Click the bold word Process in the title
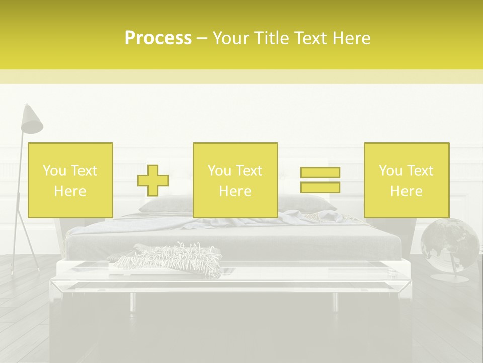[158, 38]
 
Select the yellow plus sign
[153, 180]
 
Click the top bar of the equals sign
[320, 172]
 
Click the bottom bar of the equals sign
[320, 187]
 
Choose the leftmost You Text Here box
[70, 180]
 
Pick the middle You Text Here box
[235, 180]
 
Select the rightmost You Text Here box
[406, 180]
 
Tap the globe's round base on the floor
[449, 277]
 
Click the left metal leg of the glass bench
[132, 301]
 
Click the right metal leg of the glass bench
[335, 301]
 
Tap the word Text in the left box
[84, 171]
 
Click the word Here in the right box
[406, 191]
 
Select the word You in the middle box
[219, 171]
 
